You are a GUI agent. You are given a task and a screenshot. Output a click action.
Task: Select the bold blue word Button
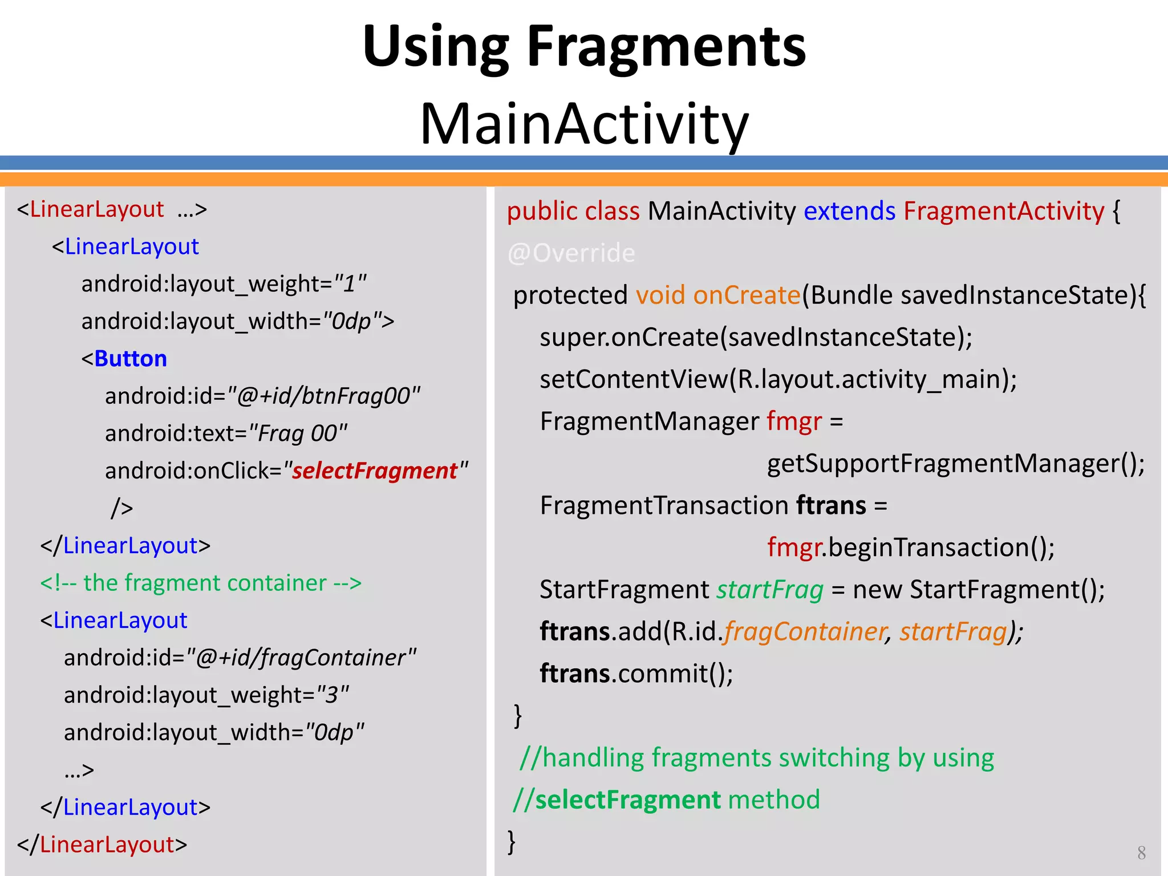tap(131, 359)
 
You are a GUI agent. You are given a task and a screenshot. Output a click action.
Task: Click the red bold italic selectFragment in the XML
tap(375, 471)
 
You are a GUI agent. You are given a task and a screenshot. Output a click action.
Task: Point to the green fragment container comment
tap(201, 583)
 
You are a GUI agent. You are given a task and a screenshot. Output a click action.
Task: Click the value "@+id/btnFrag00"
tap(323, 396)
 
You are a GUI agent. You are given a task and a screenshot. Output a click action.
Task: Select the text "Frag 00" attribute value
tap(298, 433)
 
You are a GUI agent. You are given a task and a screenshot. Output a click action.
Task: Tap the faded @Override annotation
tap(571, 253)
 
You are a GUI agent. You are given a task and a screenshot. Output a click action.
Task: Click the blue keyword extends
tap(849, 211)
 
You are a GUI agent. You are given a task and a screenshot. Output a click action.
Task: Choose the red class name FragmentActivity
tap(1004, 211)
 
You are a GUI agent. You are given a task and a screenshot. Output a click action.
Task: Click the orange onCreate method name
tap(747, 295)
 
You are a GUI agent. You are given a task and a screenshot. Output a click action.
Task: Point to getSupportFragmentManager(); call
tap(955, 463)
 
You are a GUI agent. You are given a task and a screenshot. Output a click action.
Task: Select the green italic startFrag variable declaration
tap(770, 590)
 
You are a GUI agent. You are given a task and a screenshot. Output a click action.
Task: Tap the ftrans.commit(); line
tap(636, 674)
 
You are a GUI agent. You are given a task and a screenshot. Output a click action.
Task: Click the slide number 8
tap(1141, 853)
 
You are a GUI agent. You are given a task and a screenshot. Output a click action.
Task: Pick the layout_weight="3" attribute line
tap(206, 695)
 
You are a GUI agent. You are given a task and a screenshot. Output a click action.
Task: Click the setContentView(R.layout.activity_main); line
tap(778, 379)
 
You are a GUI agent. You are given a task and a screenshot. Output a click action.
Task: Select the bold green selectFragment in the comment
tap(628, 800)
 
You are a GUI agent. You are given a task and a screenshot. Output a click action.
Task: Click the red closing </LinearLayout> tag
tap(102, 845)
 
